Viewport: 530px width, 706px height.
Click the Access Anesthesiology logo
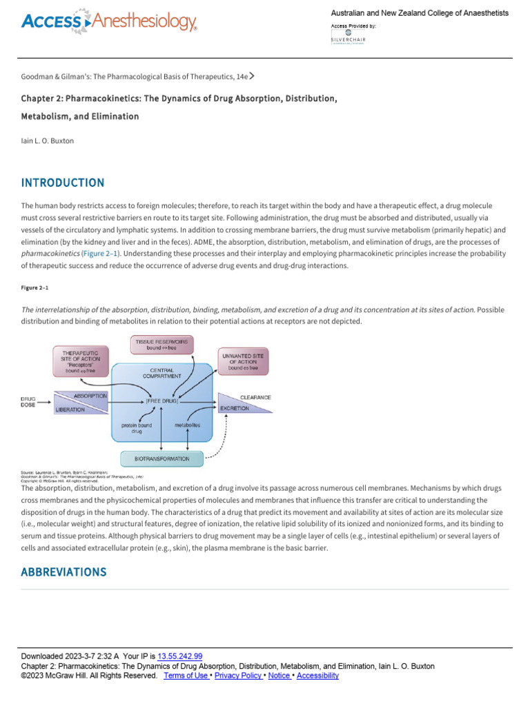[109, 21]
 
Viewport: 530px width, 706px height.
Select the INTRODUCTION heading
[63, 183]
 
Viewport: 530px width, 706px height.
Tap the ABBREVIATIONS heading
[63, 572]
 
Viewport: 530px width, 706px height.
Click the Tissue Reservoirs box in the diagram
[162, 345]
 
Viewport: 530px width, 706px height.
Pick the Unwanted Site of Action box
[242, 361]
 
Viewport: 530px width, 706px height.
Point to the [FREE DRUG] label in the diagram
[161, 401]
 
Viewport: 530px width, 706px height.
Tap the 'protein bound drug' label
[137, 428]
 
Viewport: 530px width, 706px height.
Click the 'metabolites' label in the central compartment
[187, 425]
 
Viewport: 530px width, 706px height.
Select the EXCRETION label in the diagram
[235, 408]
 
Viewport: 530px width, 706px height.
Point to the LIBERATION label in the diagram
[70, 409]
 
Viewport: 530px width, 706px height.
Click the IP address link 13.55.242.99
[180, 656]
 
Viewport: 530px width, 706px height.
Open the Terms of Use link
[186, 676]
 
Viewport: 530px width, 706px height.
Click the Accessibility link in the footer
[317, 676]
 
